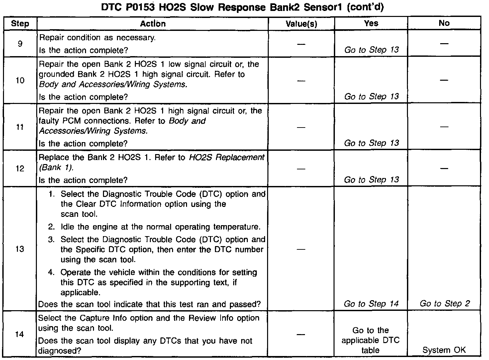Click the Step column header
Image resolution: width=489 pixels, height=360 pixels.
(20, 24)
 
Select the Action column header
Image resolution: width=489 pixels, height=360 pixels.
(152, 24)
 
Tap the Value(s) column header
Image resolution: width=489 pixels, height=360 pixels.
(301, 24)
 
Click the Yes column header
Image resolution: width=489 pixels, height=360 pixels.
(371, 23)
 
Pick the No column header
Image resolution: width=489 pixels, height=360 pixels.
(444, 23)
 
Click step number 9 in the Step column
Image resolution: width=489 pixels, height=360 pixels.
(20, 44)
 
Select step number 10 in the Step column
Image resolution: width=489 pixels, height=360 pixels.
(20, 80)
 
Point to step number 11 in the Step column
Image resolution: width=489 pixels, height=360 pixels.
(20, 127)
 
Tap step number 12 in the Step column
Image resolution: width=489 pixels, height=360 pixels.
(20, 168)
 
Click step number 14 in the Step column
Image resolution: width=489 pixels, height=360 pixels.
(20, 334)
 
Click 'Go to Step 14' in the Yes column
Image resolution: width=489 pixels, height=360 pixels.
(371, 304)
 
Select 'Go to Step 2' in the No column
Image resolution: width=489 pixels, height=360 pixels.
(444, 304)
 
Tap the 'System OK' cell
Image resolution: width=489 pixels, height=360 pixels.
(444, 350)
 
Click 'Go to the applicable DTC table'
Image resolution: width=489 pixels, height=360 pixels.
(371, 340)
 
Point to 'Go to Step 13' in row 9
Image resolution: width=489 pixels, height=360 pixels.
(371, 50)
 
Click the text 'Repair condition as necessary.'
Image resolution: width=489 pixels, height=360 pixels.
(97, 38)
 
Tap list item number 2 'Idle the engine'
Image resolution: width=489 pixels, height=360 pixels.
(160, 227)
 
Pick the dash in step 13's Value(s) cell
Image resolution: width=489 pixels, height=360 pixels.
(301, 249)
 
